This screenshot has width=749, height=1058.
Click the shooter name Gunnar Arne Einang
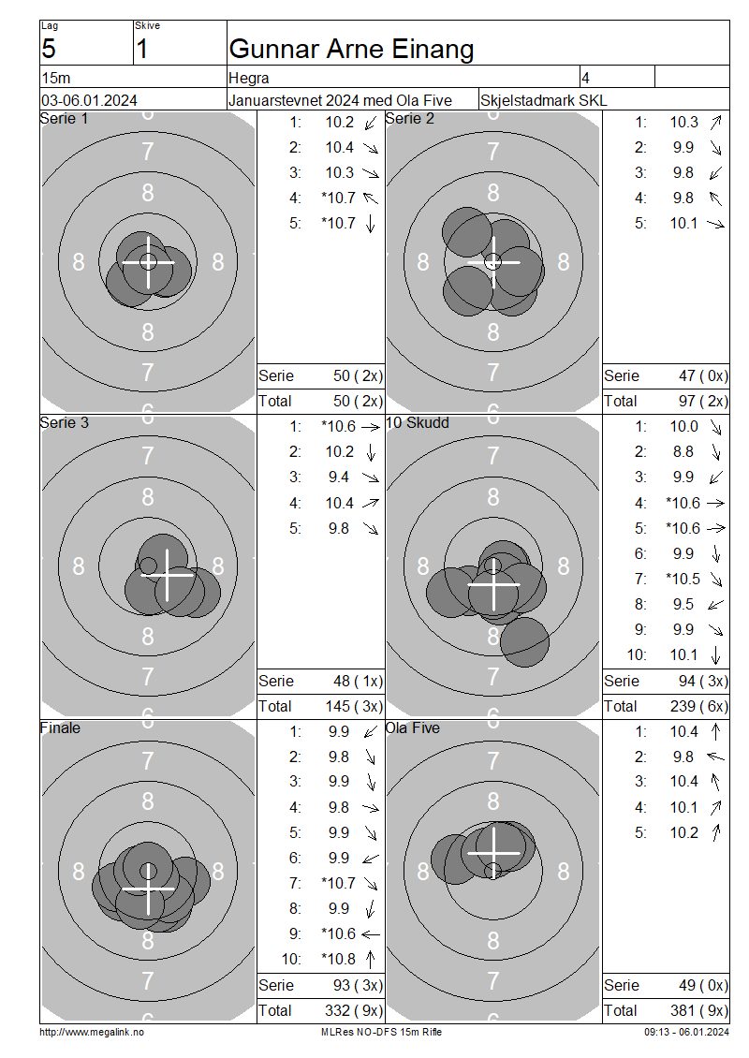351,50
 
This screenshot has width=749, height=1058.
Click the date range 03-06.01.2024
89,100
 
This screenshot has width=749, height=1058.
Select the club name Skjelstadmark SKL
543,100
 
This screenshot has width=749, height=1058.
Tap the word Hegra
249,79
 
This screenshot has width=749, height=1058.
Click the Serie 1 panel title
64,119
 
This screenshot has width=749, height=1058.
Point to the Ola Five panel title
412,728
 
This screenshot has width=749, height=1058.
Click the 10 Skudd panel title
417,423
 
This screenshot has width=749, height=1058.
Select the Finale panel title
60,728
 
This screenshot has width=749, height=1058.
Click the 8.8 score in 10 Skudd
683,452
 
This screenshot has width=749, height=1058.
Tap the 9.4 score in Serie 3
339,478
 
